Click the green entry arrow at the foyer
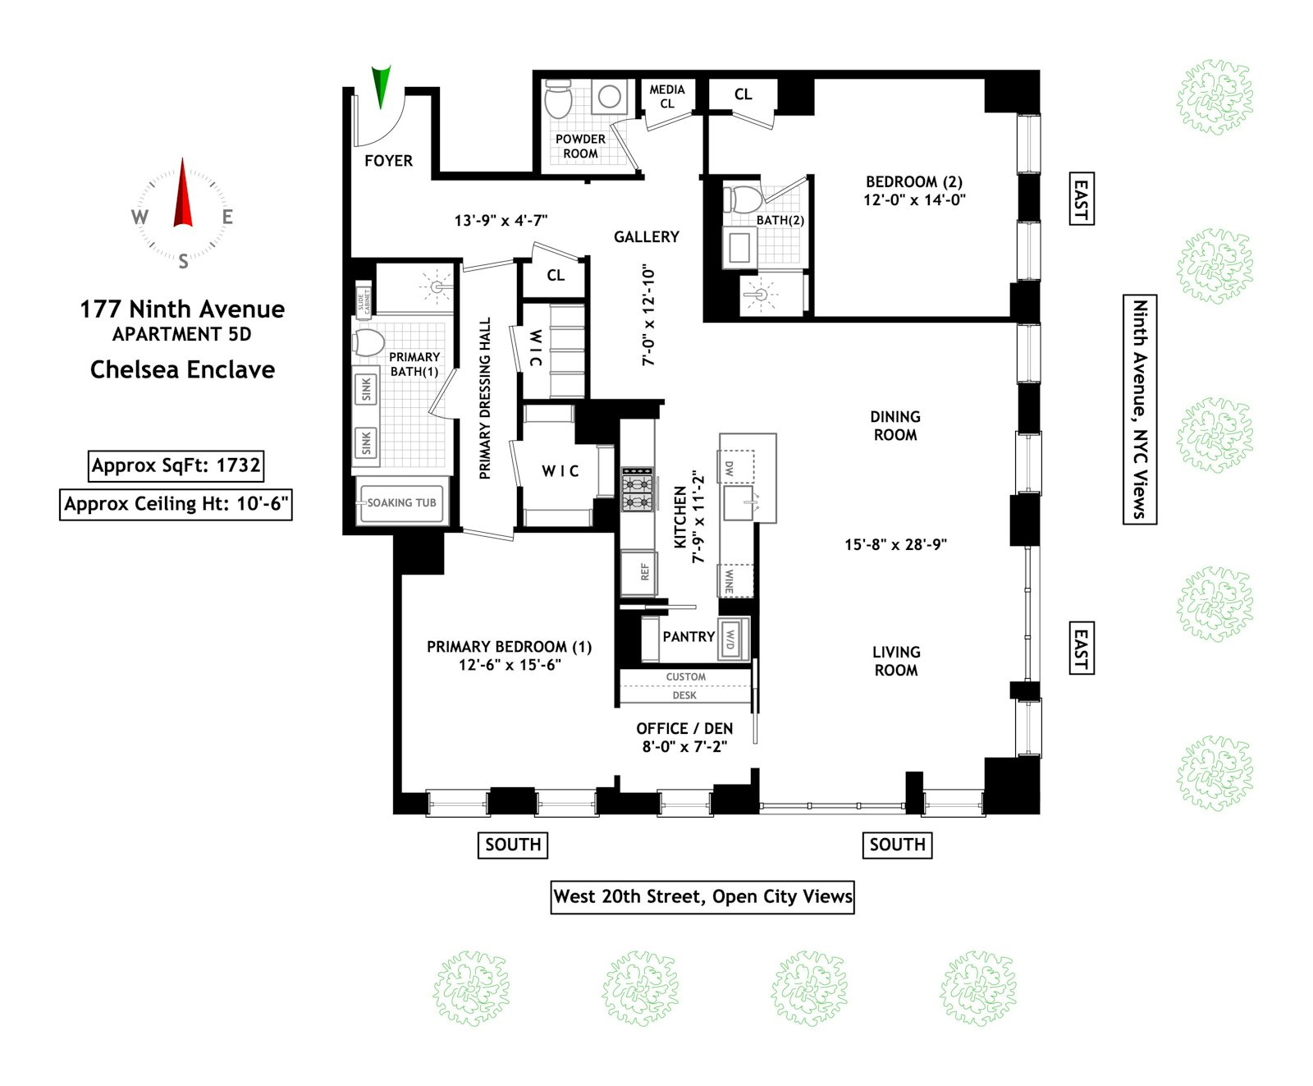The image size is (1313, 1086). coord(381,86)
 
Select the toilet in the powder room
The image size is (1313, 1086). coord(559,99)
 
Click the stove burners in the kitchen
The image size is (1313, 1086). coord(637,489)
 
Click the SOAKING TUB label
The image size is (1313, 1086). coord(401,502)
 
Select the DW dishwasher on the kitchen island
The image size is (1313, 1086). coord(728,468)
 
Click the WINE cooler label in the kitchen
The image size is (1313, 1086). coord(729,581)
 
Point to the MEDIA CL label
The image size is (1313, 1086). coord(667,96)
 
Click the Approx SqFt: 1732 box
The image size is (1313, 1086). coord(176,465)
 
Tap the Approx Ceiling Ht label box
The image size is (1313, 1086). coord(176,504)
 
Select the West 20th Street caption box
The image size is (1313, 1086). coord(702,896)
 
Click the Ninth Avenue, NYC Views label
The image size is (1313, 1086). coord(1139,409)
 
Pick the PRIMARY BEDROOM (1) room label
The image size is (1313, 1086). coord(509,647)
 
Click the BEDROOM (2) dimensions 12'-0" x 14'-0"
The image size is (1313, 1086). coord(914,199)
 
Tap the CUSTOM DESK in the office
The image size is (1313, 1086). coord(685,686)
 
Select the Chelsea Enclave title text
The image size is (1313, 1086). coord(182,369)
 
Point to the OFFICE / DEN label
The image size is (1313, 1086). coord(684,728)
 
